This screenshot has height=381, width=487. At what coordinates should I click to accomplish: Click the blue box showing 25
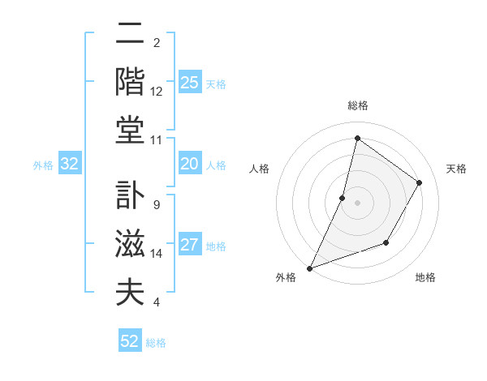pos(189,83)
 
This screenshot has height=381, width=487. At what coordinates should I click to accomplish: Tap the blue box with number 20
pos(189,164)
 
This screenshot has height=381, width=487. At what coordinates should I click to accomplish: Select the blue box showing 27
pos(189,246)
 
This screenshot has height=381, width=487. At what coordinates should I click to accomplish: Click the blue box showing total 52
pos(129,341)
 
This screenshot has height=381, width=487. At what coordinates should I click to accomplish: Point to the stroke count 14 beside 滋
pos(157,254)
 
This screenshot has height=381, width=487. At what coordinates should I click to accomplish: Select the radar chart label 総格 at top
pos(357,106)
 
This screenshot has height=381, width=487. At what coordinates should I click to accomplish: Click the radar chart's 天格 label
pos(456,169)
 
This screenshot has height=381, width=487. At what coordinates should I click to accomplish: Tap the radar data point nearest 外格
pos(309,268)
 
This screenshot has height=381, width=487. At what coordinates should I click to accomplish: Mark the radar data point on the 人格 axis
pos(343,198)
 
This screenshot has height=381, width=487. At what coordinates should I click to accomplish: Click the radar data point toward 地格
pos(386,242)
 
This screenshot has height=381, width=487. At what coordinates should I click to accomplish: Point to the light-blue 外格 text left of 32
pos(43,165)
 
